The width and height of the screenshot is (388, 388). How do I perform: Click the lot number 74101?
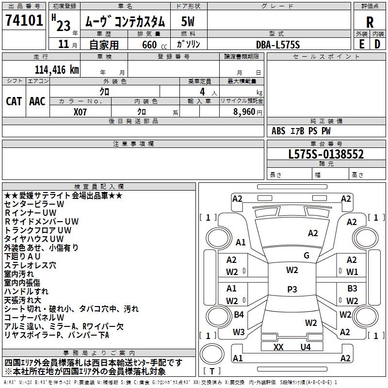pos(24,20)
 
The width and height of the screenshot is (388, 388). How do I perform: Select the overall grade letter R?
pos(370,22)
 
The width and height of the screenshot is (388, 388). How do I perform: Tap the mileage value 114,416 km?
pos(57,70)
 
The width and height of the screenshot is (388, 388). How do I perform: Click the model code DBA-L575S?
pos(278,45)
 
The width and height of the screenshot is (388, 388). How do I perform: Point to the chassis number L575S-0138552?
pos(326,154)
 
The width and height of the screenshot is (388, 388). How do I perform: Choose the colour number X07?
pos(80,112)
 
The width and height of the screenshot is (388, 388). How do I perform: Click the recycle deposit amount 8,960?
pos(244,112)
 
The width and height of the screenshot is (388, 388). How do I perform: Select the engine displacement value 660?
pos(149,45)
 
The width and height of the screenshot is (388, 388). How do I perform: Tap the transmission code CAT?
pos(14,101)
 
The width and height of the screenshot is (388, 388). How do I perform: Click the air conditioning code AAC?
pos(37,101)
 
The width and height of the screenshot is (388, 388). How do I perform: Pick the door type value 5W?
pos(188,21)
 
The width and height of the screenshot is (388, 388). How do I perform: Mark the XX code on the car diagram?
pos(278,347)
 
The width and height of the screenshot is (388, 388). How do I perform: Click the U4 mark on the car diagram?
pos(306,347)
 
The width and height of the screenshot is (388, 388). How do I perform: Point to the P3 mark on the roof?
pos(292,289)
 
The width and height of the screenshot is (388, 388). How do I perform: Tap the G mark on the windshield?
pos(307,255)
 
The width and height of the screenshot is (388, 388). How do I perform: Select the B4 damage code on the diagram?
pos(239,314)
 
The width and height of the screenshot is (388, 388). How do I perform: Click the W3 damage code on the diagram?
pos(239,332)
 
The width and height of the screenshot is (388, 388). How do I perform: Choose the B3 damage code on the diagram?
pos(352,288)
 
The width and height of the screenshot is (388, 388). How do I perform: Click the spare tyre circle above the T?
pos(212,354)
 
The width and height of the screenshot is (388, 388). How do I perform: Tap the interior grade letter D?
pos(377,44)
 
